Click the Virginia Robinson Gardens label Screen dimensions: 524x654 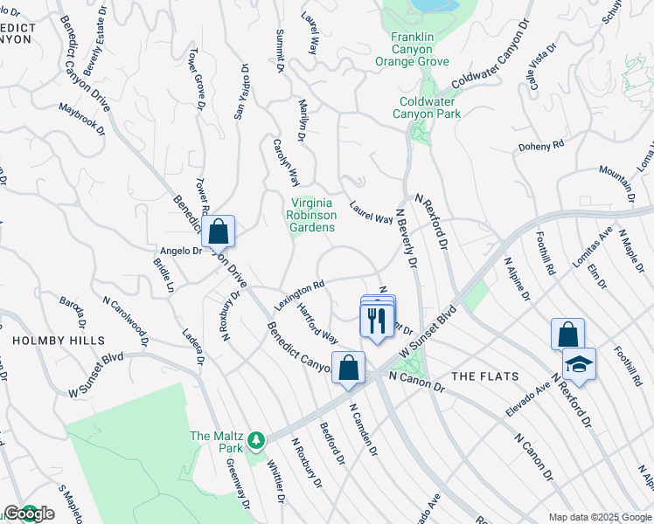click(x=312, y=215)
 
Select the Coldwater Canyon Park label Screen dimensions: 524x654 click(x=426, y=107)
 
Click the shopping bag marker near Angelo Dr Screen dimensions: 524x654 click(x=219, y=232)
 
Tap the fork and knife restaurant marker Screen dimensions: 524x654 click(x=378, y=320)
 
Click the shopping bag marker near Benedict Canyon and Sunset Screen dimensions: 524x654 click(x=348, y=368)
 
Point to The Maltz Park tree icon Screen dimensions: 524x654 click(x=256, y=439)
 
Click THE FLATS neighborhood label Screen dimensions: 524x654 click(x=485, y=376)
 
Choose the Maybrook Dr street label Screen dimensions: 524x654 click(x=81, y=119)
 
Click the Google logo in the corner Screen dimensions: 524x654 click(x=28, y=514)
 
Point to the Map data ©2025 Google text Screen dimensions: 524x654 click(x=600, y=517)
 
